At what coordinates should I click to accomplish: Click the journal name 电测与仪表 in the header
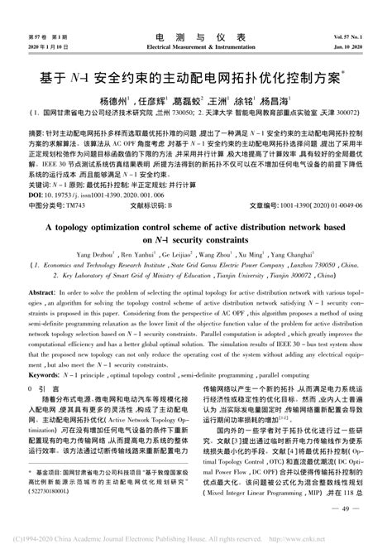[x=195, y=39]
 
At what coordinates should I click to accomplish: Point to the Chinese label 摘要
[x=36, y=132]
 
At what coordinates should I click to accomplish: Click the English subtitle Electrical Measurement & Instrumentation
[x=195, y=48]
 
